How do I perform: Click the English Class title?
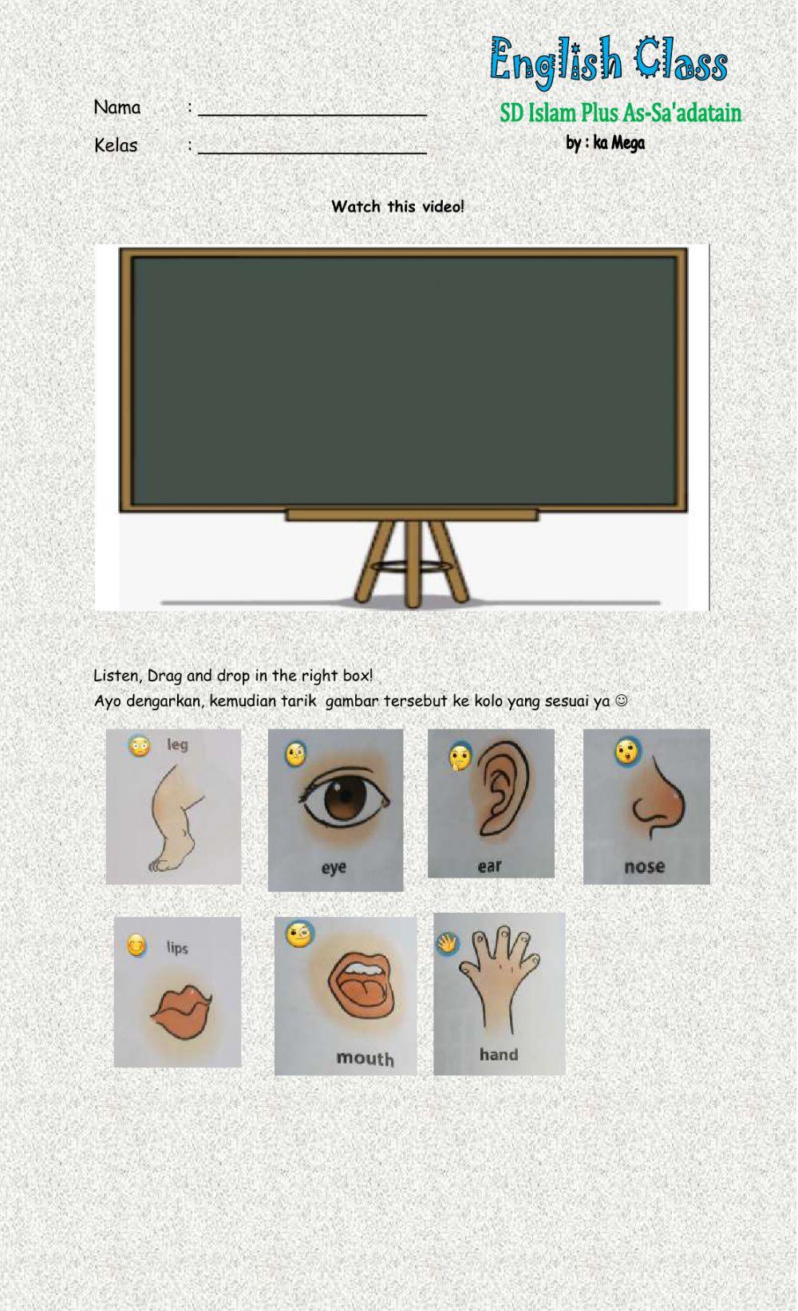(x=608, y=61)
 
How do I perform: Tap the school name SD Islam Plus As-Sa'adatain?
(x=620, y=113)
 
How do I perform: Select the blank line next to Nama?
(x=312, y=110)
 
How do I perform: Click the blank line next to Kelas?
(x=312, y=148)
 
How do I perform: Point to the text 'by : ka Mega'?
(x=605, y=144)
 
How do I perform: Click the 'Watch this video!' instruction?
(x=397, y=207)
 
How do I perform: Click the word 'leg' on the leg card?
(x=177, y=744)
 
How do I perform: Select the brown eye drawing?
(x=345, y=799)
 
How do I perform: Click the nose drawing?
(x=658, y=802)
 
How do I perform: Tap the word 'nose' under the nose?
(x=644, y=867)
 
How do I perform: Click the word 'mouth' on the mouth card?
(x=365, y=1058)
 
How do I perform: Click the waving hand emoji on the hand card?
(x=447, y=944)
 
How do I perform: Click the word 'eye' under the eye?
(x=334, y=867)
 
